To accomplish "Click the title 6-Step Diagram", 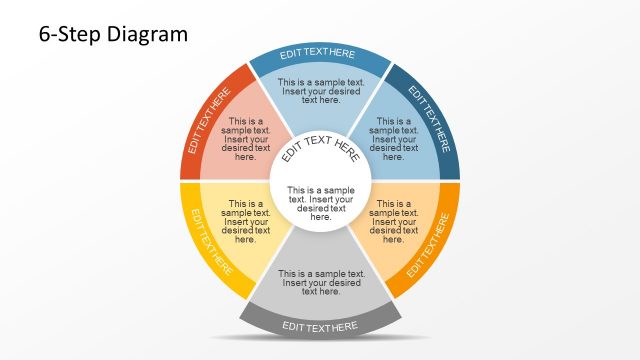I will tap(113, 35).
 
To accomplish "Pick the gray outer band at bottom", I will tap(320, 326).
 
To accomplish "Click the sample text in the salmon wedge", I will tap(246, 139).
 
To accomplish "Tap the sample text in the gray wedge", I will tap(321, 282).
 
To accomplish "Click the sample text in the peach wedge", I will tap(394, 222).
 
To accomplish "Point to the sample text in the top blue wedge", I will tap(321, 90).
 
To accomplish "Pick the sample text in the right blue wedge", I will tap(394, 139).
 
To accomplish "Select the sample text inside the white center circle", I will tap(320, 203).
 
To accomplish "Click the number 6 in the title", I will tap(45, 35).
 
